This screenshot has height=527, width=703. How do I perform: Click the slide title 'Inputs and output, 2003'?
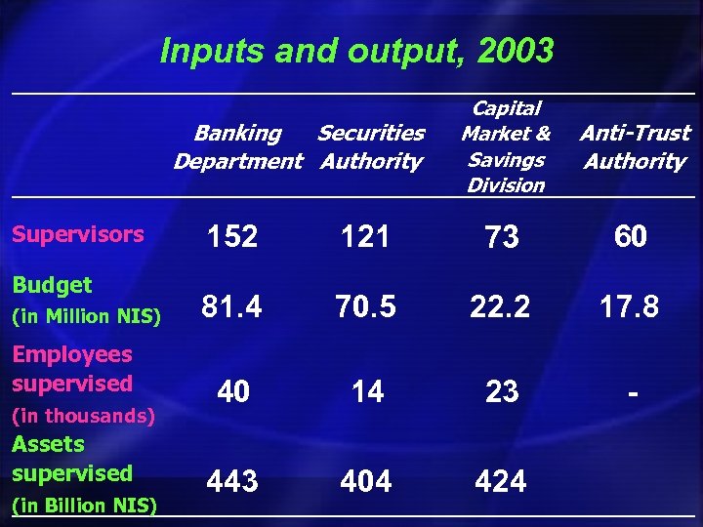[x=356, y=51]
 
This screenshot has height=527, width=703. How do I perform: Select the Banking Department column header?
[x=238, y=146]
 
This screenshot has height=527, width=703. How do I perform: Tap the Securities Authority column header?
[x=371, y=146]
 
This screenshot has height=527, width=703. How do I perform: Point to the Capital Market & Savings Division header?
[x=506, y=146]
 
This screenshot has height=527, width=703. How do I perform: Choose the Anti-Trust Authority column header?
[x=635, y=146]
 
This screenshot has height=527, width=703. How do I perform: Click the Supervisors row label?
[x=78, y=234]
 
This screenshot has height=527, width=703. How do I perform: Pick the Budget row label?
[x=53, y=285]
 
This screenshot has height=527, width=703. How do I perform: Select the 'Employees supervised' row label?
[x=72, y=369]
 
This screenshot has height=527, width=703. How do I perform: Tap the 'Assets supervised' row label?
[x=72, y=459]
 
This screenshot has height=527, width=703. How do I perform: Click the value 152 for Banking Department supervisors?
[x=231, y=237]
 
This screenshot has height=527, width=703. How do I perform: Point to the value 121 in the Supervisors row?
[x=366, y=237]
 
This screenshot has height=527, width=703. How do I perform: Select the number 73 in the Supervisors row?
[x=502, y=237]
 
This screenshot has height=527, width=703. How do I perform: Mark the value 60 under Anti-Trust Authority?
[x=631, y=237]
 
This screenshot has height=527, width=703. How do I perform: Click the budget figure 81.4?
[x=231, y=308]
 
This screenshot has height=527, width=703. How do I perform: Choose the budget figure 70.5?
[x=366, y=308]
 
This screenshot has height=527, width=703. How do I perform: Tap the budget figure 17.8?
[x=631, y=308]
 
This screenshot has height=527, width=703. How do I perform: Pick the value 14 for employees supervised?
[x=367, y=392]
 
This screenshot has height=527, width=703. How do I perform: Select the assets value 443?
[x=232, y=481]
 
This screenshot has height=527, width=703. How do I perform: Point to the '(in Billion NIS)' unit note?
[x=84, y=506]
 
